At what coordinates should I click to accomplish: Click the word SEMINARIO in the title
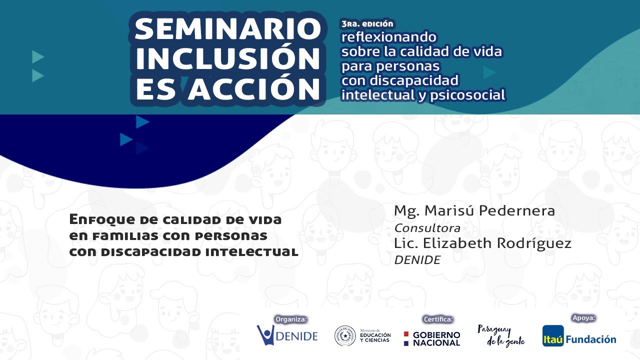[228, 29]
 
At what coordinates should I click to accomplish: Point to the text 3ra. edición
[367, 23]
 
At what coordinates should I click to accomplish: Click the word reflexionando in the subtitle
[389, 37]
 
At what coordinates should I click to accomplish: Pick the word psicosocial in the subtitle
[467, 95]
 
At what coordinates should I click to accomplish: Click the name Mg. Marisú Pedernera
[474, 211]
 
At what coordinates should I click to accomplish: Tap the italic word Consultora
[427, 228]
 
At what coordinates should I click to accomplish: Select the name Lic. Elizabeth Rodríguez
[482, 243]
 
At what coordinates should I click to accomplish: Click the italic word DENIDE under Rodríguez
[417, 260]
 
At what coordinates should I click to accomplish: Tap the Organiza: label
[291, 319]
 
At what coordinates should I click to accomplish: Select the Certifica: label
[438, 319]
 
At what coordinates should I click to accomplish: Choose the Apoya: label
[583, 317]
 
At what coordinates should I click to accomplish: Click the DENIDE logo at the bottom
[287, 335]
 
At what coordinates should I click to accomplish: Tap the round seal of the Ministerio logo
[345, 335]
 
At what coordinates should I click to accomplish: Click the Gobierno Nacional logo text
[436, 339]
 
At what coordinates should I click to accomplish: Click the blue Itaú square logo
[553, 335]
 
